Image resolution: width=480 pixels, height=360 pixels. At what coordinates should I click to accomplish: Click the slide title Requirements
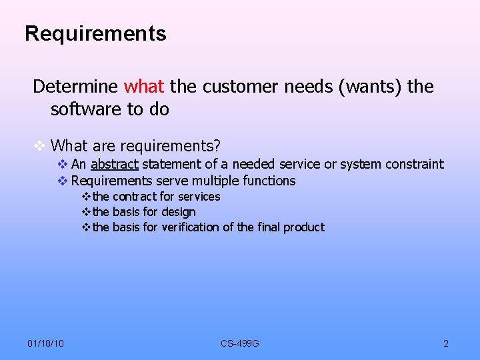pyautogui.click(x=95, y=33)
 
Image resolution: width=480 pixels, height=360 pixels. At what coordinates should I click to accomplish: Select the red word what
pyautogui.click(x=145, y=87)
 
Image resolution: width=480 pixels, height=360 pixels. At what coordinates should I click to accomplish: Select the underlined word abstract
pyautogui.click(x=114, y=164)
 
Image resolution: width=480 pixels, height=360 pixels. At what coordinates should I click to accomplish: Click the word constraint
pyautogui.click(x=414, y=164)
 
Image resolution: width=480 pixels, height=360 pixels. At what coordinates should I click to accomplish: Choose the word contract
pyautogui.click(x=135, y=197)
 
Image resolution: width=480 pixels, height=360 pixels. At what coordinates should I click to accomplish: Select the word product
pyautogui.click(x=303, y=227)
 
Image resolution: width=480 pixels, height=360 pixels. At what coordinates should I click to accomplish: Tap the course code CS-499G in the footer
pyautogui.click(x=240, y=343)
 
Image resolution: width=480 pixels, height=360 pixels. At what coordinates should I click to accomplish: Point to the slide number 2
pyautogui.click(x=446, y=343)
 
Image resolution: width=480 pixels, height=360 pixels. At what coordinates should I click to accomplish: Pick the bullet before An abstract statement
pyautogui.click(x=62, y=164)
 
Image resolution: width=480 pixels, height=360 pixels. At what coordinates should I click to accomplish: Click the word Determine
pyautogui.click(x=76, y=87)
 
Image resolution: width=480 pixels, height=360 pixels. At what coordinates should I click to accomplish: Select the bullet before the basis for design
pyautogui.click(x=85, y=212)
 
